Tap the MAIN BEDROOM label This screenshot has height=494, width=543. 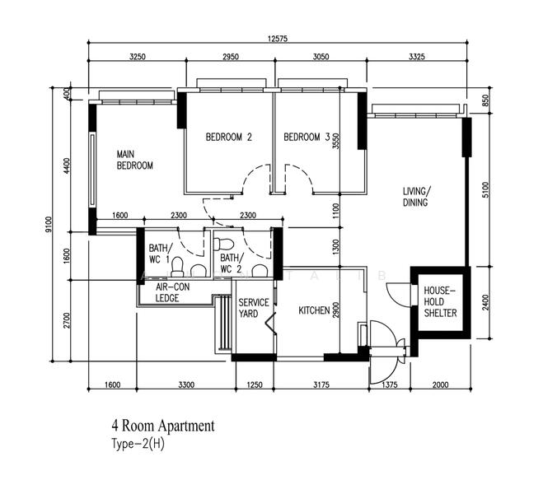[134, 160]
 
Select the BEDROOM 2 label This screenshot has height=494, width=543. [228, 137]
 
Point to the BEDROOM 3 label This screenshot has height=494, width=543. [307, 137]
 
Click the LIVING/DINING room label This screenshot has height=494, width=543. [416, 197]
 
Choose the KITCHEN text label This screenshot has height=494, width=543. [314, 310]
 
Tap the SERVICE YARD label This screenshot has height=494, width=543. [254, 309]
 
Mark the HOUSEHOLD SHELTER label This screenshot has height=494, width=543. [441, 302]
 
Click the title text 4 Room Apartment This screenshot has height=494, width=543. [163, 426]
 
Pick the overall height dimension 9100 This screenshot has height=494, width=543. [49, 225]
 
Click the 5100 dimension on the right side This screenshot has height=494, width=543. [485, 190]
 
